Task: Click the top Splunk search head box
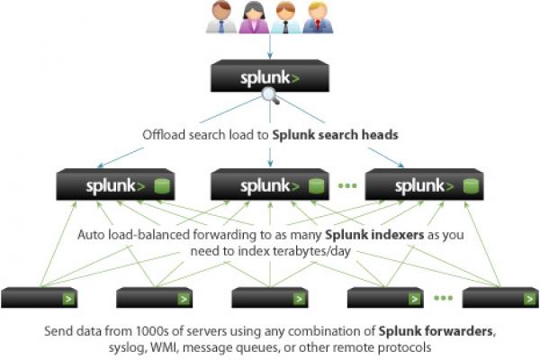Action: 269,77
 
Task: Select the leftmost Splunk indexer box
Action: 116,186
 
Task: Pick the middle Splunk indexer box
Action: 269,186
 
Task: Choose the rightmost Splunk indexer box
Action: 422,186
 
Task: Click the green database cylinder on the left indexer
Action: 163,187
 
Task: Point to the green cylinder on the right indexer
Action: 469,187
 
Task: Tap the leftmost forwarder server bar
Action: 39,298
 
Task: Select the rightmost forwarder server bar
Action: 499,298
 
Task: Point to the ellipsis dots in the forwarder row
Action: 443,298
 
